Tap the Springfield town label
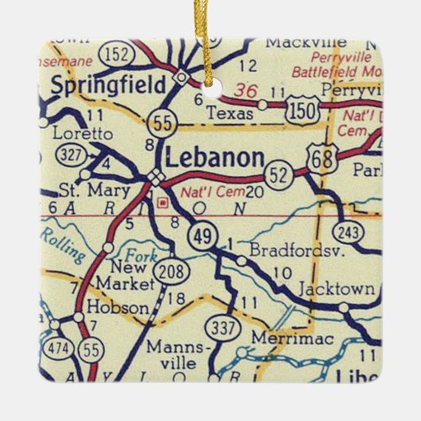(x=108, y=84)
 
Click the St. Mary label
(x=87, y=191)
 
